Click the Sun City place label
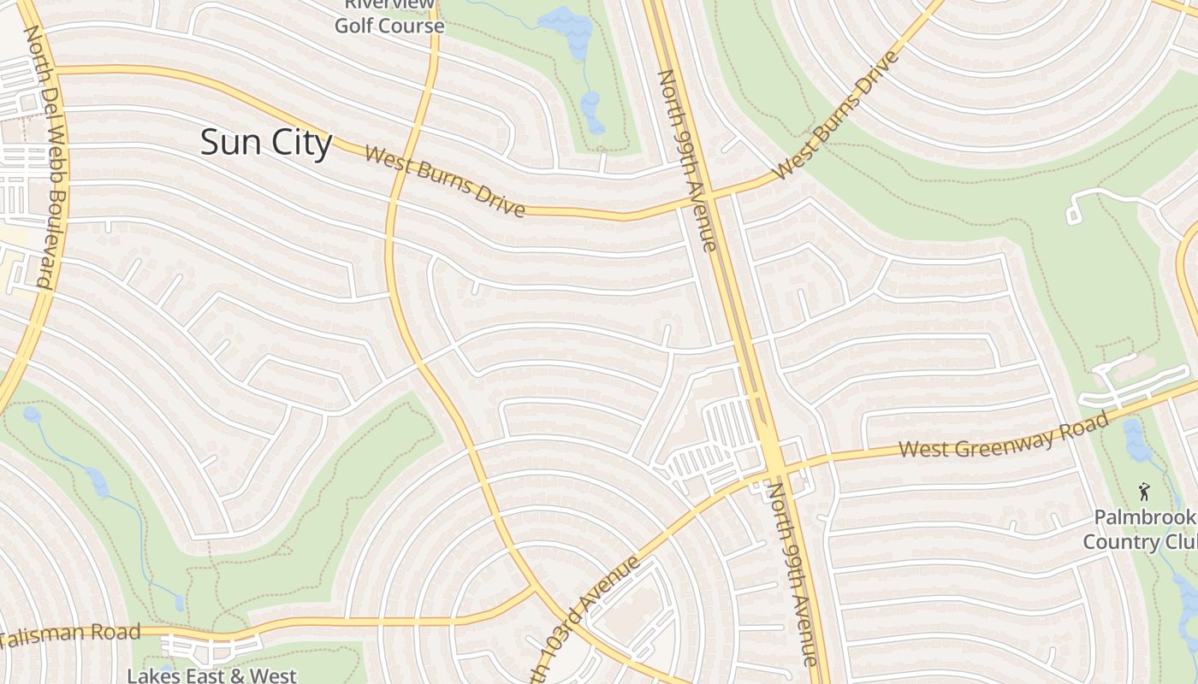265,142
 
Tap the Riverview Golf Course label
389,17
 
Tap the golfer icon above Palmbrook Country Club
1144,492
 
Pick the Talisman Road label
70,634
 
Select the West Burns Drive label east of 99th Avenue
836,115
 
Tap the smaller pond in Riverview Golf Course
590,111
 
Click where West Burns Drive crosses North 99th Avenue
709,195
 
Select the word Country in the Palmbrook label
1120,542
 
